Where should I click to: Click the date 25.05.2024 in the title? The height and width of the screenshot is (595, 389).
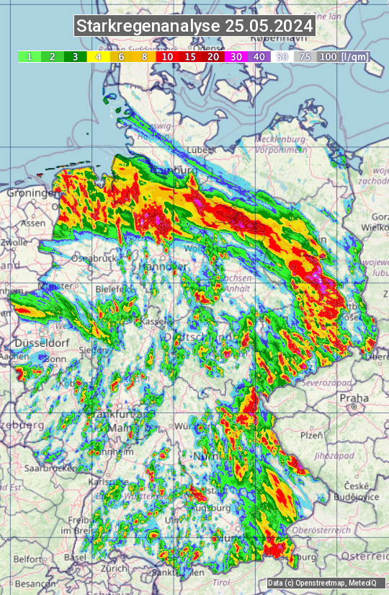[x=269, y=27]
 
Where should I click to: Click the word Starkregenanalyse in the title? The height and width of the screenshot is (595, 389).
[x=148, y=27]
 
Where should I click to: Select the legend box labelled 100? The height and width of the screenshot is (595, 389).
[x=328, y=56]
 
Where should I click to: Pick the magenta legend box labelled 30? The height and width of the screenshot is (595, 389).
[x=236, y=56]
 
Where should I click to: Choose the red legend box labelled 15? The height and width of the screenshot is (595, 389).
[x=190, y=56]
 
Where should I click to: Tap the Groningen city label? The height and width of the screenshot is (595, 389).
[x=32, y=193]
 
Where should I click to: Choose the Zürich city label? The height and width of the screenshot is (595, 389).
[x=114, y=568]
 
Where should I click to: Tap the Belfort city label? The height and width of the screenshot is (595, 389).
[x=28, y=559]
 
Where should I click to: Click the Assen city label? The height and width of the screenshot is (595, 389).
[x=32, y=224]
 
